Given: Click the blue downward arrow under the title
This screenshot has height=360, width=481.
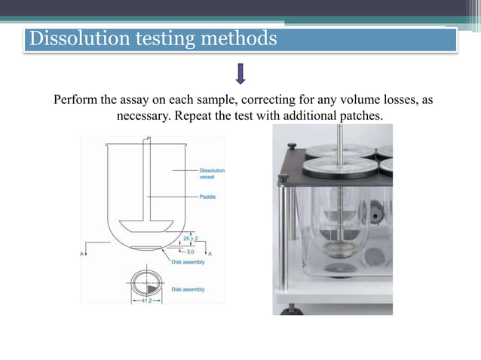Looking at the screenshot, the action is point(241,74).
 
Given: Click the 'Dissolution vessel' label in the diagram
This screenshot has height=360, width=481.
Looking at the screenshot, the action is point(211,174).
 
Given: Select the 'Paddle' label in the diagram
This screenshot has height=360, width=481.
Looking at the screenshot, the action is point(208,197).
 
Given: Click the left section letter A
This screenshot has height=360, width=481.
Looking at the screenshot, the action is point(82,255).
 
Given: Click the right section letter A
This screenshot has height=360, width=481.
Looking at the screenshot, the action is point(210,255).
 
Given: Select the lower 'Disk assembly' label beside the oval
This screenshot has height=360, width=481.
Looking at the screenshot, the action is point(188,289).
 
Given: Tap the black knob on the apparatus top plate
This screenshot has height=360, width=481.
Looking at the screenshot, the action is point(283,178).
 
